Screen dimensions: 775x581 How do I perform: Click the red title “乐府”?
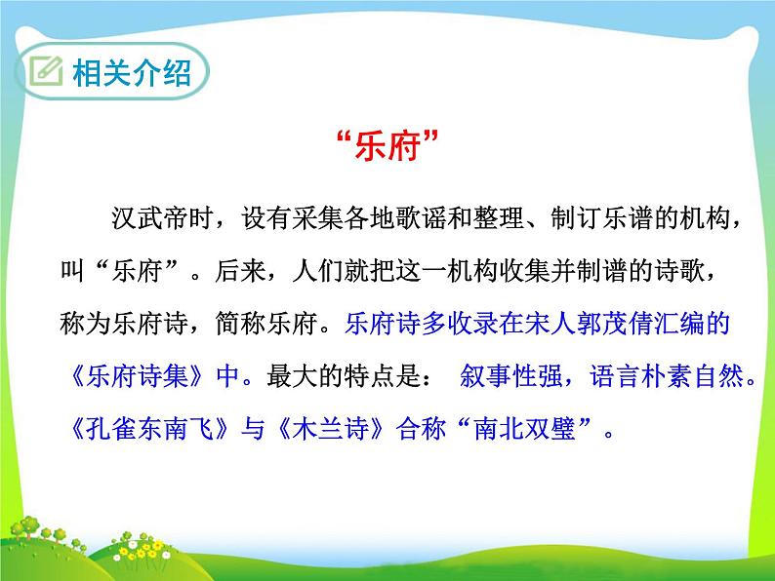[387, 145]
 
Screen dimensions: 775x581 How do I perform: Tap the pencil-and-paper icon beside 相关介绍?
[46, 71]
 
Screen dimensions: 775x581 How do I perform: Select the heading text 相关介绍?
[132, 72]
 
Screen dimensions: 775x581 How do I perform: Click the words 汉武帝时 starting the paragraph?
[163, 218]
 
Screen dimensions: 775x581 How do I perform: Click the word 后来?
[240, 271]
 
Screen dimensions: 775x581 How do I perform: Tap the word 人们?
[318, 271]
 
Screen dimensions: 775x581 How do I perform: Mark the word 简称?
[240, 324]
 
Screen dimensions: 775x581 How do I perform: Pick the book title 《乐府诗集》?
[137, 376]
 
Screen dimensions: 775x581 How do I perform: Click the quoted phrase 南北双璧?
[524, 429]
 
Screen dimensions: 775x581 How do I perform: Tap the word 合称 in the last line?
[421, 429]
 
